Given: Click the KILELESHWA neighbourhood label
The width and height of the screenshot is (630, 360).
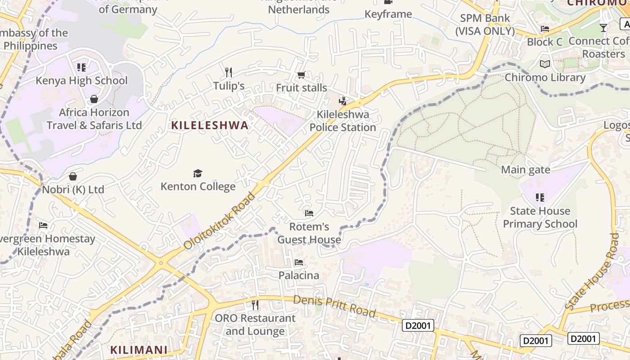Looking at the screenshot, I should coord(210,126).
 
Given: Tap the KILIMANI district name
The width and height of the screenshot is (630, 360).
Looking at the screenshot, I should coord(139,350).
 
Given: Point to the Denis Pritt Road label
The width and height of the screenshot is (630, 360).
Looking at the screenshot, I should coord(334,306).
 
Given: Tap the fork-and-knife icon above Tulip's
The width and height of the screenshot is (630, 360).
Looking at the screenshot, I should coord(229,72).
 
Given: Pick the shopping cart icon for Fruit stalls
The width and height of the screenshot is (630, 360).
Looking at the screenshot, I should coord(301,74).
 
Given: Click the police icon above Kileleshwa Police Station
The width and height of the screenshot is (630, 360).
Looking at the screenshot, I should coord(343,101).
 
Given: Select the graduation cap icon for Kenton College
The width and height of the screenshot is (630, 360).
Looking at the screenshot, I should coord(198,173).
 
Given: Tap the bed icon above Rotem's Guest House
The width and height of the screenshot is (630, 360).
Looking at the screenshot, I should coord(309,213).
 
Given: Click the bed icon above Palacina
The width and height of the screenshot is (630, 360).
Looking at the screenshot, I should coord(298,262).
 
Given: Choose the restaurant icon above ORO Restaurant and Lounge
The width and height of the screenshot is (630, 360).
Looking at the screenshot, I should coord(255,305).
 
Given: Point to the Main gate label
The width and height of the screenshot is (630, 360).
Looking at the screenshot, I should coord(526,170).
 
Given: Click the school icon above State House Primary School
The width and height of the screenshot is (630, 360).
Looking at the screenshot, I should coord(540,197).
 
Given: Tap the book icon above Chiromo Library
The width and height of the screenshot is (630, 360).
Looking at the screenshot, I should coord(545,64).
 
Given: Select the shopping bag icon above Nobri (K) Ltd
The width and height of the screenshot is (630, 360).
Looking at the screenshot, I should coord(73,176).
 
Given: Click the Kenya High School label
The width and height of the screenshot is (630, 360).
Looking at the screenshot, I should coord(81,81).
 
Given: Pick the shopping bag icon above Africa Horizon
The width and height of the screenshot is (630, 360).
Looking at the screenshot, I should coord(94,99).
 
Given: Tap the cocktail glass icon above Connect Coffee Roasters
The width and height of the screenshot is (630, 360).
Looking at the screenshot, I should coord(603,28).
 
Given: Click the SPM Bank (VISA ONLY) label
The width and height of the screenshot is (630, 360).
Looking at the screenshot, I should coord(485,25).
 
